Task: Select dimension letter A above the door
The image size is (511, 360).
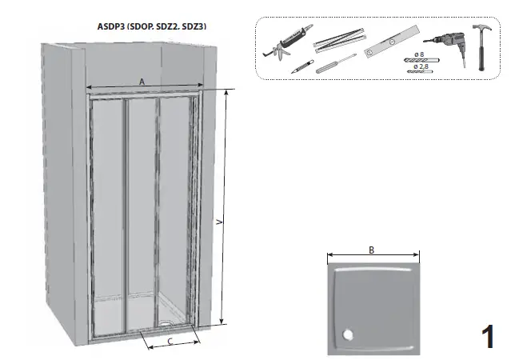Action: coord(142,81)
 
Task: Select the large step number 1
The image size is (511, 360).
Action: coord(488,338)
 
